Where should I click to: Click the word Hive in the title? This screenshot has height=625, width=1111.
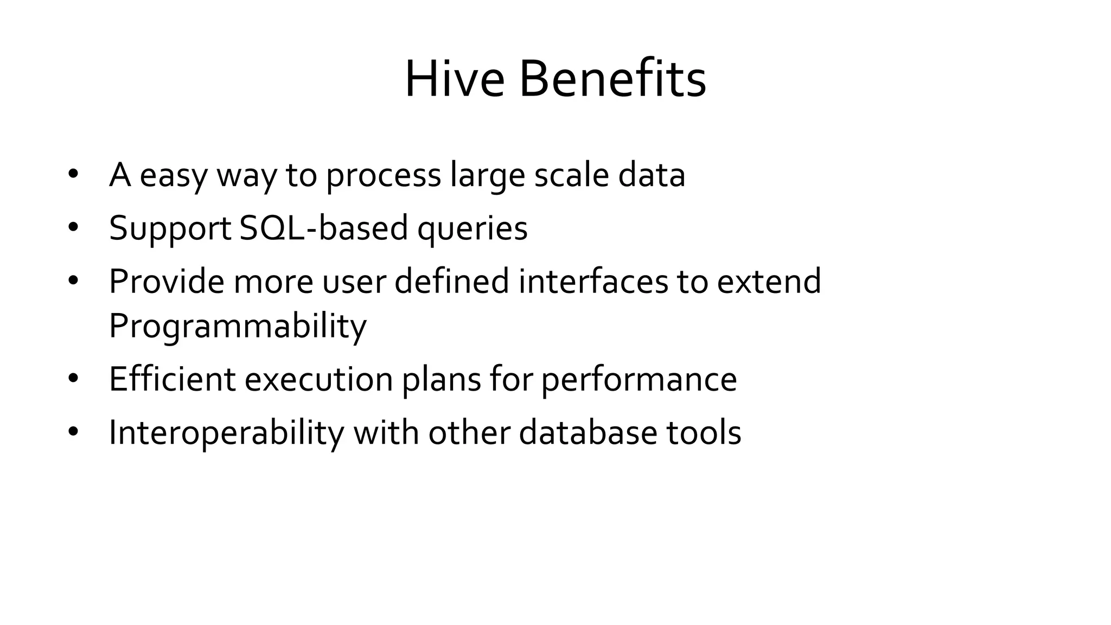pyautogui.click(x=455, y=80)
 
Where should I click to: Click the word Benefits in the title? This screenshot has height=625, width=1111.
pyautogui.click(x=612, y=80)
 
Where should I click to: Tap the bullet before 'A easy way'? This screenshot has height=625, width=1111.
pyautogui.click(x=73, y=174)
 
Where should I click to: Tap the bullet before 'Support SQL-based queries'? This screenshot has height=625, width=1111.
pyautogui.click(x=73, y=227)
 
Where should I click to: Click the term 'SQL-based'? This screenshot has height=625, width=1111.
pyautogui.click(x=323, y=228)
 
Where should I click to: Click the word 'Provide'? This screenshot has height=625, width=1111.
pyautogui.click(x=166, y=281)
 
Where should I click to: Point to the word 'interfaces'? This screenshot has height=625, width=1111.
pyautogui.click(x=593, y=281)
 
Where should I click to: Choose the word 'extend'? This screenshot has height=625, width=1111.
pyautogui.click(x=769, y=281)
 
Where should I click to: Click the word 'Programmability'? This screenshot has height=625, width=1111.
pyautogui.click(x=238, y=327)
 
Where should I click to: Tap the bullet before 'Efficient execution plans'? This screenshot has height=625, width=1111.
pyautogui.click(x=73, y=379)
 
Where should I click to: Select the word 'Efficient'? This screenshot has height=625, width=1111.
pyautogui.click(x=172, y=379)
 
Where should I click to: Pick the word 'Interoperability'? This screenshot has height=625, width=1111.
pyautogui.click(x=226, y=433)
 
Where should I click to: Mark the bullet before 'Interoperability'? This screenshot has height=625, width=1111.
pyautogui.click(x=73, y=432)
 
